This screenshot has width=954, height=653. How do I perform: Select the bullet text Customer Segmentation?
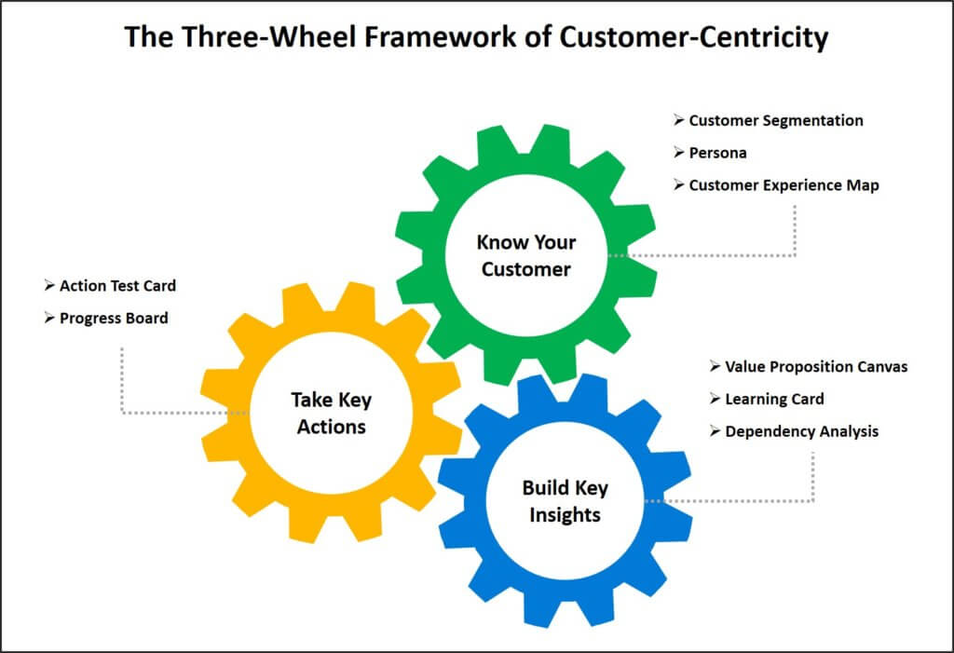tap(775, 121)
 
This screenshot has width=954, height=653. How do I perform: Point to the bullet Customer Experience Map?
tap(784, 185)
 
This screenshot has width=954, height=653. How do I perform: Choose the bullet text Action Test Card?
tap(117, 286)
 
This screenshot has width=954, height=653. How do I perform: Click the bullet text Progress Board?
tap(114, 319)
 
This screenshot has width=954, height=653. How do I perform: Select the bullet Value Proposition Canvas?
tap(816, 367)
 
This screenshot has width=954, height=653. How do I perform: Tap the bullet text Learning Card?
tap(774, 400)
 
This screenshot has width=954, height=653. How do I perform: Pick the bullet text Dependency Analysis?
tap(801, 431)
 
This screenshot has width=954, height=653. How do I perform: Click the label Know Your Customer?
tap(526, 255)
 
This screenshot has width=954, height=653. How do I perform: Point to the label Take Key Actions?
tap(331, 414)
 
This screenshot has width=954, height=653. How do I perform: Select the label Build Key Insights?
tap(565, 500)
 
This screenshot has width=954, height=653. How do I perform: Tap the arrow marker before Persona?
tap(678, 153)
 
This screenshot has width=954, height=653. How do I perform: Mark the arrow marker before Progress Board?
tap(48, 319)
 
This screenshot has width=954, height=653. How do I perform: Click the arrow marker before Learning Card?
tap(715, 400)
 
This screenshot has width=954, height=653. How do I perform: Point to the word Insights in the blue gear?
tap(565, 515)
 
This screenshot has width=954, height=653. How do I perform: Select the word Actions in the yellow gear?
tap(331, 429)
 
